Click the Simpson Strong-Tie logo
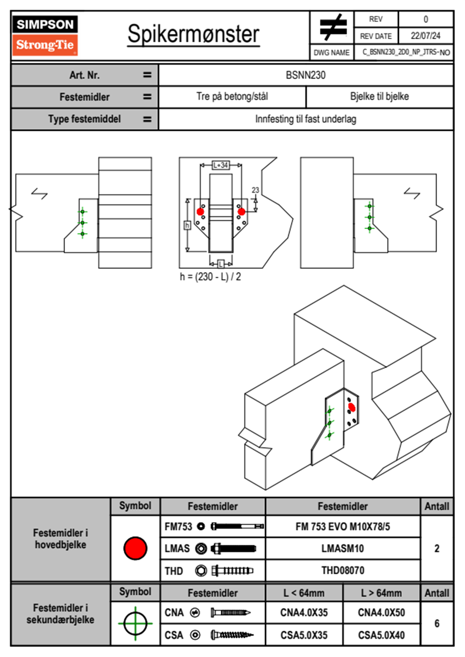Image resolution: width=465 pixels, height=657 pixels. point(45,35)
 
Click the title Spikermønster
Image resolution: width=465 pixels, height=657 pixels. point(193,34)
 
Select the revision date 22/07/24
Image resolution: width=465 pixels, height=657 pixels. point(425,36)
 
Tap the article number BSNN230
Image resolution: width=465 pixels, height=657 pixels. point(306,75)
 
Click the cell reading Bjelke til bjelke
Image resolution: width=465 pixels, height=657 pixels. point(379,96)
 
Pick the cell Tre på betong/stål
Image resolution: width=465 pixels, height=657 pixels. point(232,96)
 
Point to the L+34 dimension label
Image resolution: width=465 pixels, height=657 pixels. point(220,165)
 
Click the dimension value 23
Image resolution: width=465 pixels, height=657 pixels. point(255,190)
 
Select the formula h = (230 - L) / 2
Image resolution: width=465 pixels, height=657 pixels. point(210,277)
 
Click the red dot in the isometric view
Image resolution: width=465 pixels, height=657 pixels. point(352,407)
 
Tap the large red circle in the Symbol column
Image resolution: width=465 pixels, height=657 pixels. point(135,548)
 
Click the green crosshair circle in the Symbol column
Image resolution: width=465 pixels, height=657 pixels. point(135,623)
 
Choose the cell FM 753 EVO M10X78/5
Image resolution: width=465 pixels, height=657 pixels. point(343,527)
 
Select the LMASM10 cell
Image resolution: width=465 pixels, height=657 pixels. point(343,549)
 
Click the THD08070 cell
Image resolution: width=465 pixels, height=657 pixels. point(343,571)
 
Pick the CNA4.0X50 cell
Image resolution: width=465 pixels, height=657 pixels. point(381,612)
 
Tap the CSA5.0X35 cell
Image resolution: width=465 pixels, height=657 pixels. point(304,635)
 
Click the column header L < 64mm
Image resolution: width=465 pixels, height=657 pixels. point(304,593)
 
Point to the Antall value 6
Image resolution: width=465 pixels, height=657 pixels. point(437,623)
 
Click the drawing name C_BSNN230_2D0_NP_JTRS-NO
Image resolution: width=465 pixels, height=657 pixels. point(406,52)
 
